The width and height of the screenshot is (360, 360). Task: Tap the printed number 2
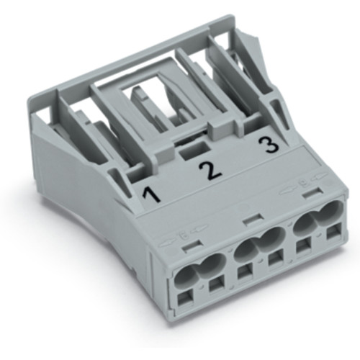pos(208,170)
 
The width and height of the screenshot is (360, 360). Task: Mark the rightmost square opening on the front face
pos(333,234)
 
